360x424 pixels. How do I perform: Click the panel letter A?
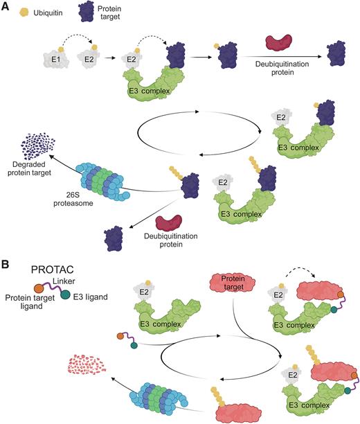(x=6, y=6)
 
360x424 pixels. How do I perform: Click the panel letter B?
(x=6, y=245)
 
